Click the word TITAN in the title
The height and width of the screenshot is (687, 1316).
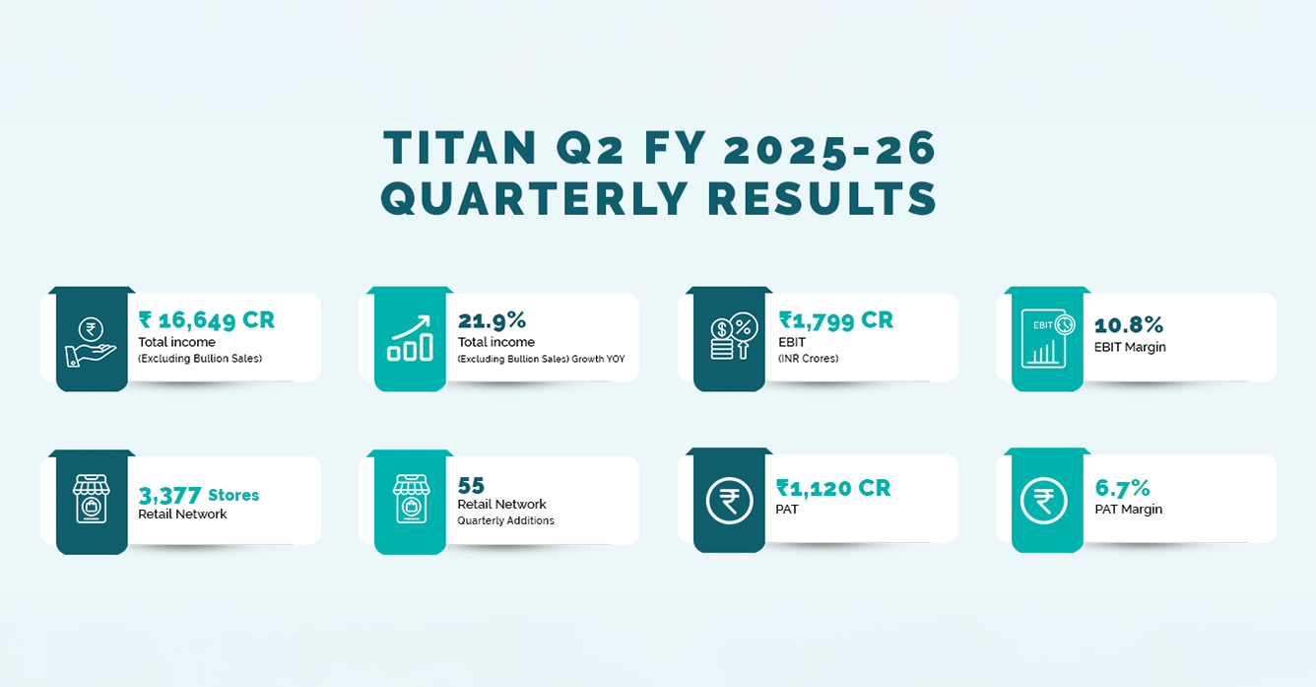pyautogui.click(x=459, y=148)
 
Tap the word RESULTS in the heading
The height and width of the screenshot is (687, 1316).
pyautogui.click(x=822, y=198)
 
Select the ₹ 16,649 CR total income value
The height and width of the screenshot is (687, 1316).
pyautogui.click(x=206, y=320)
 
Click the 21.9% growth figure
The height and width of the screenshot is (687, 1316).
pyautogui.click(x=492, y=320)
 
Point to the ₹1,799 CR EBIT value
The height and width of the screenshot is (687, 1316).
pyautogui.click(x=835, y=320)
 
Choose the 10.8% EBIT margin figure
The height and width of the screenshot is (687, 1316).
pyautogui.click(x=1129, y=325)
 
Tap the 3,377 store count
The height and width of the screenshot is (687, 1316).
pyautogui.click(x=169, y=496)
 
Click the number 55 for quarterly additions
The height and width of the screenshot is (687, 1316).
pyautogui.click(x=471, y=485)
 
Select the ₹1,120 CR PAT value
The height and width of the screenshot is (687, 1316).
pyautogui.click(x=833, y=488)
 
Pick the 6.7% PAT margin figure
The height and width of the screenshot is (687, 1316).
pyautogui.click(x=1122, y=488)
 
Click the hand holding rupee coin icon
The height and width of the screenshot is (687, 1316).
pyautogui.click(x=91, y=343)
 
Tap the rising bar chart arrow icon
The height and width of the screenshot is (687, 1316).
pyautogui.click(x=410, y=338)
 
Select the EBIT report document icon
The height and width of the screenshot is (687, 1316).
pyautogui.click(x=1048, y=339)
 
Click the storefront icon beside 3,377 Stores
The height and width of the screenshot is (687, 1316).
pyautogui.click(x=91, y=499)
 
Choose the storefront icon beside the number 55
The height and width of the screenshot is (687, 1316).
pyautogui.click(x=412, y=499)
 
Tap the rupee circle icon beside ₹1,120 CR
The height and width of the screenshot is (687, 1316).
pyautogui.click(x=729, y=501)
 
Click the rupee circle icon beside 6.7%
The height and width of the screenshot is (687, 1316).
pyautogui.click(x=1043, y=501)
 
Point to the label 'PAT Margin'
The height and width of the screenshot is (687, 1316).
pyautogui.click(x=1129, y=510)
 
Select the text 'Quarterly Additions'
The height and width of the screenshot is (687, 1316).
pyautogui.click(x=506, y=520)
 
